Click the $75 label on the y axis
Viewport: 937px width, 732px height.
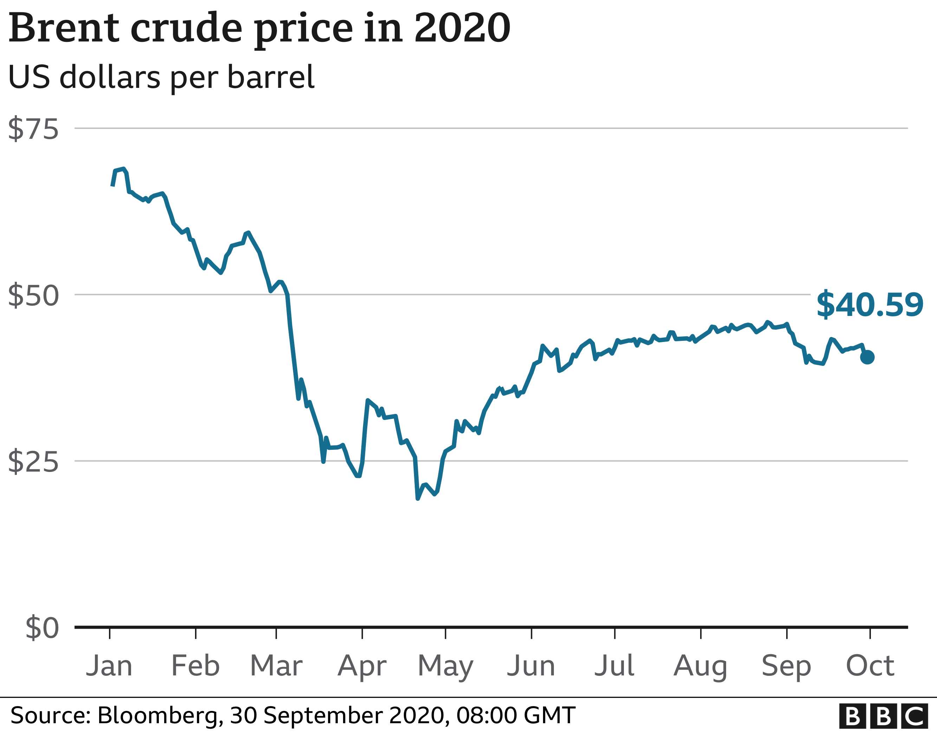pyautogui.click(x=33, y=129)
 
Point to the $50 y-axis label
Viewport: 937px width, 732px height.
pyautogui.click(x=33, y=295)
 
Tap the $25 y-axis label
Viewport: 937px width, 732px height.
pyautogui.click(x=33, y=462)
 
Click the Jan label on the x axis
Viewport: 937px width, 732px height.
pyautogui.click(x=109, y=666)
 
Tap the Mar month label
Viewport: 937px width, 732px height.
pyautogui.click(x=276, y=666)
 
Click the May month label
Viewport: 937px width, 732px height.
pyautogui.click(x=445, y=666)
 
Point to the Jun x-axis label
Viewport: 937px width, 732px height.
pyautogui.click(x=531, y=666)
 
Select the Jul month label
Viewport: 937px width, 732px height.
pyautogui.click(x=614, y=666)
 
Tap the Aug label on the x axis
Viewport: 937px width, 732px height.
pyautogui.click(x=700, y=666)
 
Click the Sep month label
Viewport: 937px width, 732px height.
pyautogui.click(x=787, y=666)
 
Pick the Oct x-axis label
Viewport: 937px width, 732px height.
pyautogui.click(x=870, y=666)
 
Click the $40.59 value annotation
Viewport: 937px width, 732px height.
pyautogui.click(x=869, y=305)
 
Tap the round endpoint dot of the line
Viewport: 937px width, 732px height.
pyautogui.click(x=867, y=357)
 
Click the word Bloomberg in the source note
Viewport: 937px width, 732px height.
pyautogui.click(x=157, y=715)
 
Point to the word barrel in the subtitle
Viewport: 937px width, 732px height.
pyautogui.click(x=271, y=77)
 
